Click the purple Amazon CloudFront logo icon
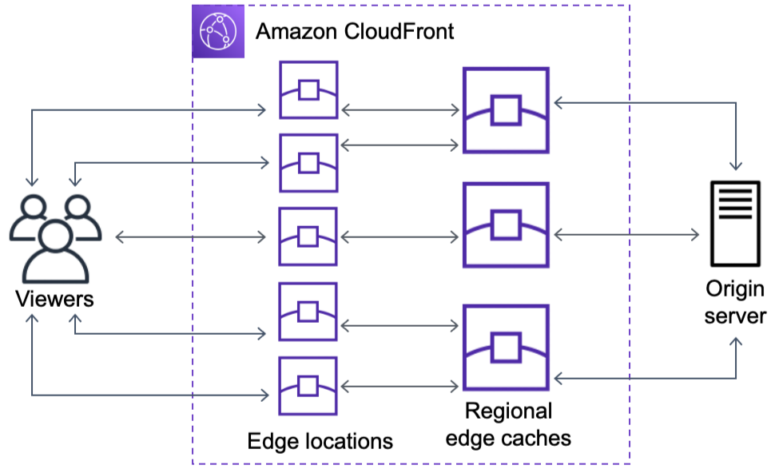[x=218, y=31]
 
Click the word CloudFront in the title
[x=399, y=31]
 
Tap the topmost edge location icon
[x=308, y=90]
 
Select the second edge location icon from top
[x=308, y=163]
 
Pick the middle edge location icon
[x=308, y=236]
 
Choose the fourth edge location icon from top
[x=308, y=312]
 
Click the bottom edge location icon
[x=308, y=387]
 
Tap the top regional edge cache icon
[x=506, y=110]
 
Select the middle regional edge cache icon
[x=506, y=225]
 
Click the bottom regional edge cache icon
[x=506, y=348]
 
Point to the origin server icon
[x=735, y=224]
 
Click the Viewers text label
[x=54, y=299]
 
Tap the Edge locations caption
[x=320, y=442]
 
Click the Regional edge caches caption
[x=508, y=424]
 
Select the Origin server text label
[x=735, y=302]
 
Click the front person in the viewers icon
[x=56, y=252]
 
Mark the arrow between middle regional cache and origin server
[x=627, y=235]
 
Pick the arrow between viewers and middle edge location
[x=191, y=237]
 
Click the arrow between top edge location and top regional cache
[x=400, y=110]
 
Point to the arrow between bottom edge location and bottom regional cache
[x=400, y=387]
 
